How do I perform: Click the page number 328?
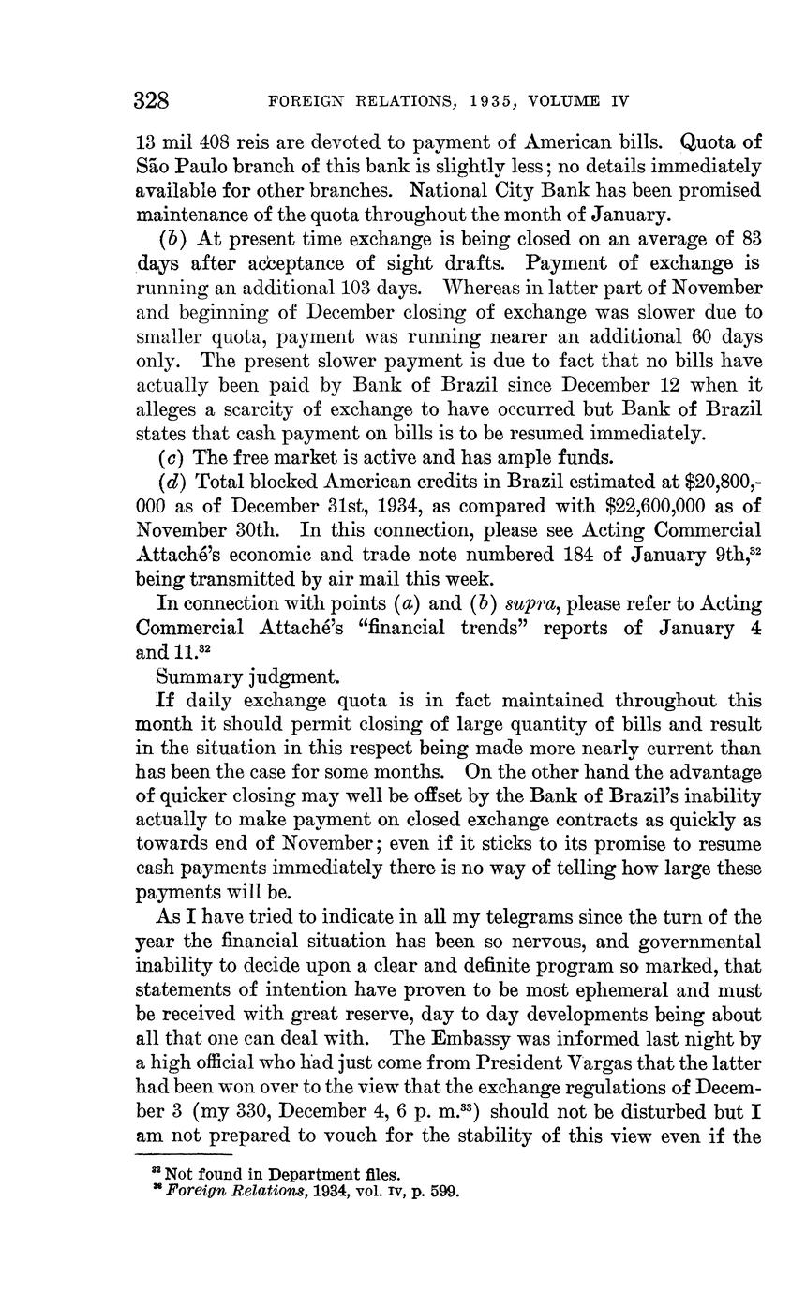[x=151, y=100]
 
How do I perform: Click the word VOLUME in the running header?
[x=570, y=101]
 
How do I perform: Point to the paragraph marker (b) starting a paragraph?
[x=173, y=239]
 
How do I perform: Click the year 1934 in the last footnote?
[x=321, y=1193]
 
